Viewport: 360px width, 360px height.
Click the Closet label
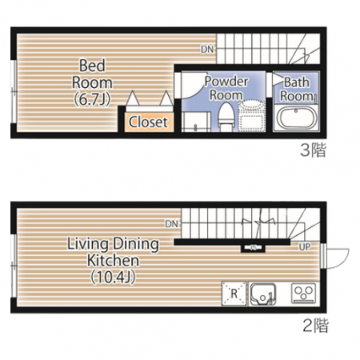[148, 122]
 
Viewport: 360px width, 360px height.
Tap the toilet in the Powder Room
[226, 118]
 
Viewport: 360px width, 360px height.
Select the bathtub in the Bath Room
[296, 118]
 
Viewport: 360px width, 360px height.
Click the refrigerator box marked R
[234, 294]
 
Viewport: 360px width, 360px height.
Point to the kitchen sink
[263, 294]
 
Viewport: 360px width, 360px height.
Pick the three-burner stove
[304, 293]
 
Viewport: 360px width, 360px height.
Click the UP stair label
[305, 247]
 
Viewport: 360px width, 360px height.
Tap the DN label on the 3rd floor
[207, 49]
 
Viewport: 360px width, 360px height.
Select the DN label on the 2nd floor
[172, 223]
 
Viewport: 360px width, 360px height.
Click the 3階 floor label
[313, 150]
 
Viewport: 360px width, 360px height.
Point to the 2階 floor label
[315, 326]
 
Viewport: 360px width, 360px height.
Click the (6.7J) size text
[92, 99]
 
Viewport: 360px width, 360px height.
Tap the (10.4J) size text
[114, 277]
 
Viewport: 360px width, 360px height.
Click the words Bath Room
[296, 89]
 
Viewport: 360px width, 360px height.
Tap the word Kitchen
[113, 261]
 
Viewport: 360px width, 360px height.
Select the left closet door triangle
[133, 98]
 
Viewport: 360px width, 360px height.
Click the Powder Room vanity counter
[196, 122]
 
